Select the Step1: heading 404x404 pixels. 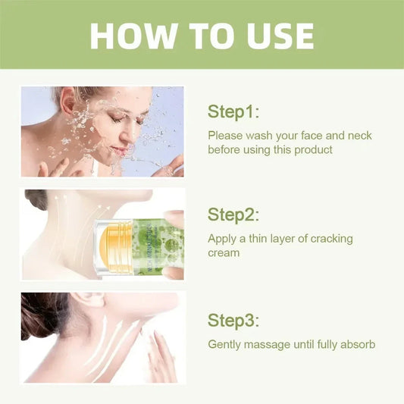coord(233,111)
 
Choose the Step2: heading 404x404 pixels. coord(233,215)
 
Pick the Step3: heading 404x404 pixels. coord(233,318)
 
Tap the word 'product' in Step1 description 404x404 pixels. coord(313,149)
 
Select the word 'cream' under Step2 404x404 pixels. coord(224,252)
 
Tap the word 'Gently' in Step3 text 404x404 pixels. coord(225,344)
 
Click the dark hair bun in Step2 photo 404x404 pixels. coord(36,199)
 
